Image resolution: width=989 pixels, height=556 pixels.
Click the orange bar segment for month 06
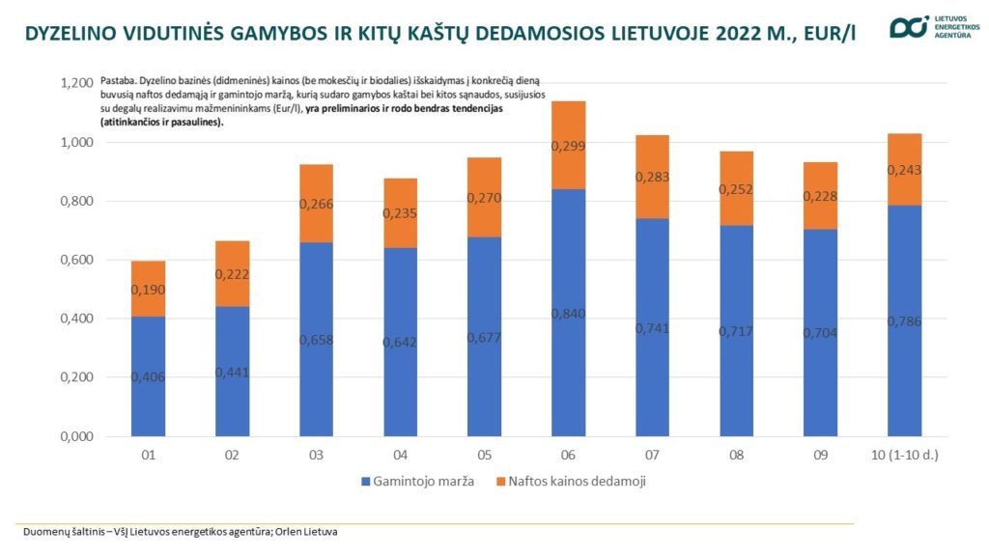[x=568, y=145]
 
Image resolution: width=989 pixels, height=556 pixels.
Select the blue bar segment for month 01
[x=148, y=376]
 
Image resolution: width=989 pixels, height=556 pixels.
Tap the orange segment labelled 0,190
[x=148, y=289]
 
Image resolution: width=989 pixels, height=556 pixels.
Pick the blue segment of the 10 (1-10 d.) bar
[x=904, y=320]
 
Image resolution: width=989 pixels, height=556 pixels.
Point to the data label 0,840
[x=568, y=314]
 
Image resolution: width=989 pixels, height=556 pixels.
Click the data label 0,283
[x=652, y=177]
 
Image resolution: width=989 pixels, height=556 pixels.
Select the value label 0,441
[x=232, y=373]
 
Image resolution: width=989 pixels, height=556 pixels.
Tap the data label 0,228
[x=820, y=196]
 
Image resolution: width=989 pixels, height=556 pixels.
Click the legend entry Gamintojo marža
[x=417, y=482]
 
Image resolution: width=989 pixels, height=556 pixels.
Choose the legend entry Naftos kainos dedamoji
[x=571, y=482]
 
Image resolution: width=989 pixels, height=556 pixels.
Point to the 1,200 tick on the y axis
[x=77, y=83]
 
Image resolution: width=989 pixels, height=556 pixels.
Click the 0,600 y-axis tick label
[x=77, y=260]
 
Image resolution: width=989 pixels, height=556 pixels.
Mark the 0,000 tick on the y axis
[x=77, y=436]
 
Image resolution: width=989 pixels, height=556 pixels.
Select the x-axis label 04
[x=400, y=456]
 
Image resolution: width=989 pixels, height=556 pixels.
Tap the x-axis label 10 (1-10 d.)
[x=904, y=456]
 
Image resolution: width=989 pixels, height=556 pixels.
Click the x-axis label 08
[x=736, y=456]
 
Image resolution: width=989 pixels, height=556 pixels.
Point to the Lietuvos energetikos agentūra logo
[x=935, y=27]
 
